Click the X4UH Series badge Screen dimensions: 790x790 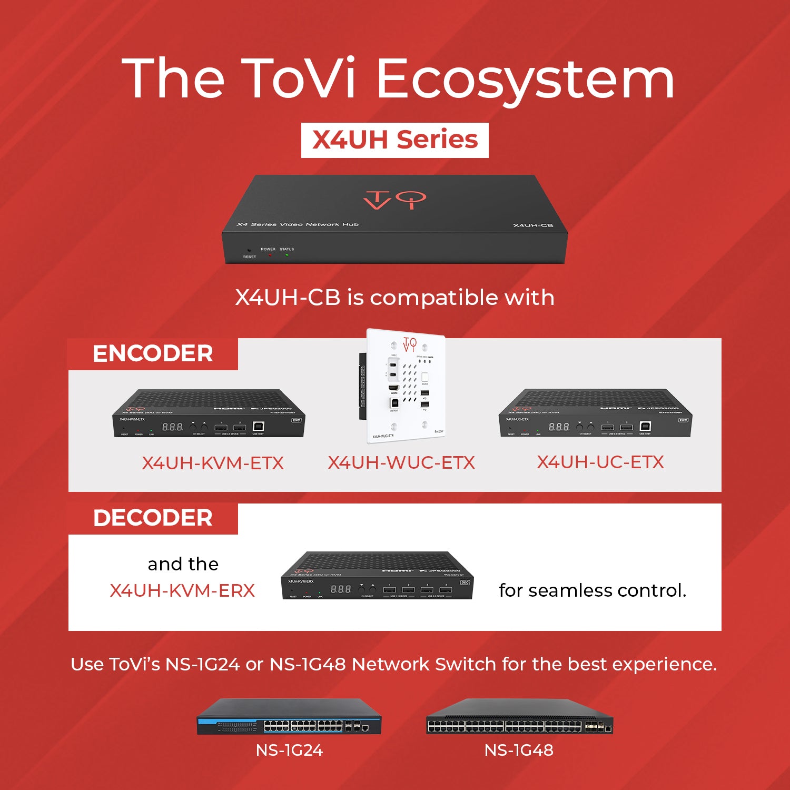pyautogui.click(x=394, y=140)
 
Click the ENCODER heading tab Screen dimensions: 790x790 pyautogui.click(x=153, y=353)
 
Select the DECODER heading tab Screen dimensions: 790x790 pyautogui.click(x=153, y=518)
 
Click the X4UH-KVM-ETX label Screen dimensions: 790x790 pyautogui.click(x=213, y=463)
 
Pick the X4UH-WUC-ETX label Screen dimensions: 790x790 pyautogui.click(x=401, y=462)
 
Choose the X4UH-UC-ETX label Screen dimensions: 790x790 pyautogui.click(x=600, y=462)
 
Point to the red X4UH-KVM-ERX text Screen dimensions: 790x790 pyautogui.click(x=182, y=590)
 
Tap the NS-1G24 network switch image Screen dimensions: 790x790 pyautogui.click(x=289, y=717)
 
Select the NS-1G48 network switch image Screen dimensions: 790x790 pyautogui.click(x=519, y=717)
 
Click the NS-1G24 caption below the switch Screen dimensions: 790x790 pyautogui.click(x=289, y=750)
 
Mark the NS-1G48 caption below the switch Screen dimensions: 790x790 pyautogui.click(x=519, y=750)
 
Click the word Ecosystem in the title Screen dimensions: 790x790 pyautogui.click(x=526, y=79)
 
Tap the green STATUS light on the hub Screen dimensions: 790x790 pyautogui.click(x=287, y=255)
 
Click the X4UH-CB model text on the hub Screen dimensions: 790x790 pyautogui.click(x=533, y=225)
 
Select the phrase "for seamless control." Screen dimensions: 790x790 pyautogui.click(x=592, y=590)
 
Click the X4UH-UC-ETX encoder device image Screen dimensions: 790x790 pyautogui.click(x=595, y=414)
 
